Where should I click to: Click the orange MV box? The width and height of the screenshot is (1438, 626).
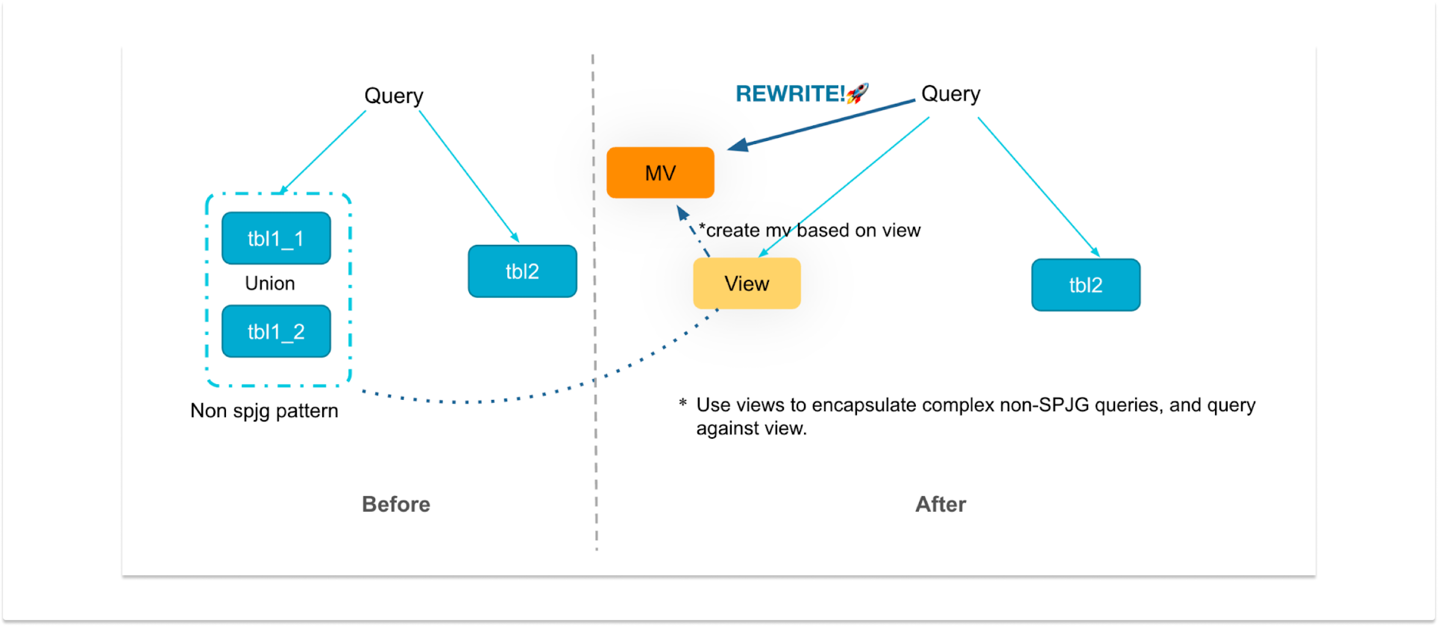pyautogui.click(x=660, y=173)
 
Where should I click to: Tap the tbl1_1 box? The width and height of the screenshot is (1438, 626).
pyautogui.click(x=276, y=238)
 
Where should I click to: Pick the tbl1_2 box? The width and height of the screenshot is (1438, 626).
pyautogui.click(x=276, y=331)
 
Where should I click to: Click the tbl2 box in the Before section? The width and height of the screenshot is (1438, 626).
pyautogui.click(x=522, y=271)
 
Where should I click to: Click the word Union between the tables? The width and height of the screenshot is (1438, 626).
pyautogui.click(x=270, y=283)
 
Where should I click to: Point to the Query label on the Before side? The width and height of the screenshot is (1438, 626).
pyautogui.click(x=393, y=96)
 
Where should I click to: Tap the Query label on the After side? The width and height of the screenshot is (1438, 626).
pyautogui.click(x=950, y=93)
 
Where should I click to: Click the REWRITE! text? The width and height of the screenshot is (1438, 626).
pyautogui.click(x=789, y=93)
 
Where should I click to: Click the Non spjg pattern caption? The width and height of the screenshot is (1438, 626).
pyautogui.click(x=264, y=410)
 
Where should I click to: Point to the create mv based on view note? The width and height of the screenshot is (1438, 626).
pyautogui.click(x=809, y=230)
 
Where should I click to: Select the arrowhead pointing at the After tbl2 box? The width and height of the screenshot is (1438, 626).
pyautogui.click(x=1095, y=253)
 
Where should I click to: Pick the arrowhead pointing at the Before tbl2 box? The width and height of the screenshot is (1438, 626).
pyautogui.click(x=515, y=238)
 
